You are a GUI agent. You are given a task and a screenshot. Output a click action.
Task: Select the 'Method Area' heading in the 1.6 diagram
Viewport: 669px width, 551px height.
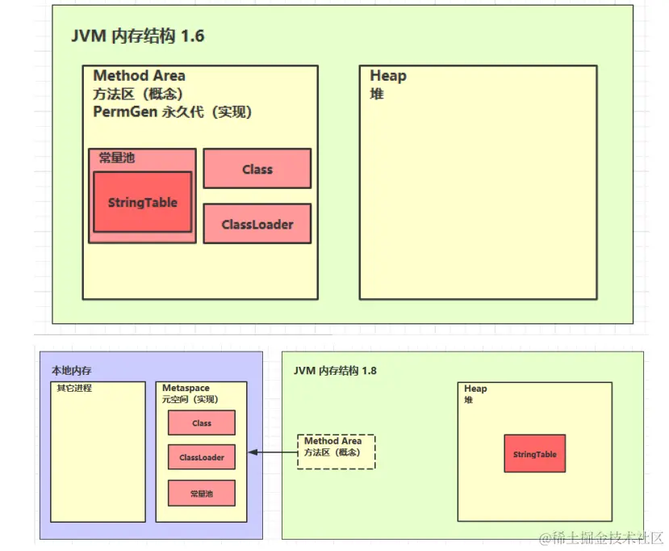pos(139,76)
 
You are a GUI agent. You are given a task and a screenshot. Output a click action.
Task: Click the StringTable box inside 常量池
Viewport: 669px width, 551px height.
pos(143,202)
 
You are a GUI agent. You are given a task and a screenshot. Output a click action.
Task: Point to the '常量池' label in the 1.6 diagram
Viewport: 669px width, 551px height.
pos(117,158)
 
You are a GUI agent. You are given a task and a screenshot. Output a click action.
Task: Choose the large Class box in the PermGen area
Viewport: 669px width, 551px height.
pos(257,169)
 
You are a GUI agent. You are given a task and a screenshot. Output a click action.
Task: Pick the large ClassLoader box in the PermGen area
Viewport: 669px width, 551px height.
pos(257,224)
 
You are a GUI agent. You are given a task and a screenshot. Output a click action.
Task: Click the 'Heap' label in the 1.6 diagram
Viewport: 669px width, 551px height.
pos(388,76)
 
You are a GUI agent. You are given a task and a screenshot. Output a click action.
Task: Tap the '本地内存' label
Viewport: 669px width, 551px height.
pos(72,371)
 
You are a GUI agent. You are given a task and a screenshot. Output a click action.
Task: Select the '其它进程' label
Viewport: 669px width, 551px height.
pos(74,389)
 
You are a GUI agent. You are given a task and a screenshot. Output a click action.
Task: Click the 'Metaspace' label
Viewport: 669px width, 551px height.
pos(186,389)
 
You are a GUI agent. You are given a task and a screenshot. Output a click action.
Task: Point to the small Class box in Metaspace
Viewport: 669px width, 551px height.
pos(202,423)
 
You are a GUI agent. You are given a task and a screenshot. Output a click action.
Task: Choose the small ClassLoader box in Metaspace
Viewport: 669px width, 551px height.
pos(202,457)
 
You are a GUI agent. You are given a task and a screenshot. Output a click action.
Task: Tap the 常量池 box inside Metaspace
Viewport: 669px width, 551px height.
pos(202,493)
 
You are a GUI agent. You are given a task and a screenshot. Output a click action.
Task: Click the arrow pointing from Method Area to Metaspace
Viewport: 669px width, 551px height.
pos(271,452)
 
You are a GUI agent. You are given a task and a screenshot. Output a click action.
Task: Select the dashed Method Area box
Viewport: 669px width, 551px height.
pos(335,452)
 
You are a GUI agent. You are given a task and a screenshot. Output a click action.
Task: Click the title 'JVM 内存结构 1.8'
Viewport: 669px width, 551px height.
pos(335,371)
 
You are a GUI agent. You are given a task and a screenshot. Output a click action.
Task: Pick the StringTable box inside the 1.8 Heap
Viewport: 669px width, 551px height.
pos(534,454)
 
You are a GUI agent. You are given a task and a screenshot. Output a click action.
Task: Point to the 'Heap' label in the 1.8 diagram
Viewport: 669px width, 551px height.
pos(475,389)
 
